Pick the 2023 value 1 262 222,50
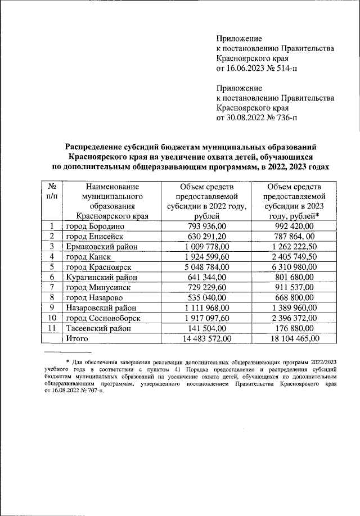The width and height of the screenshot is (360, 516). pos(294,246)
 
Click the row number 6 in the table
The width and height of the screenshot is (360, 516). pos(52,277)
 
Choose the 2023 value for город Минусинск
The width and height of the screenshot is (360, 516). pos(294,287)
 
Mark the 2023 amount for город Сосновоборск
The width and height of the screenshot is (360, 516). pos(294,318)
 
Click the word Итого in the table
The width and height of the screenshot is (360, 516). pos(78,338)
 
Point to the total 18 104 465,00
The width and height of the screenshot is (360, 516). pos(294,338)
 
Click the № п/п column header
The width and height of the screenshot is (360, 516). pos(52,191)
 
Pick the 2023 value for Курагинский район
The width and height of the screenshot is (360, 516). pos(294,277)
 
